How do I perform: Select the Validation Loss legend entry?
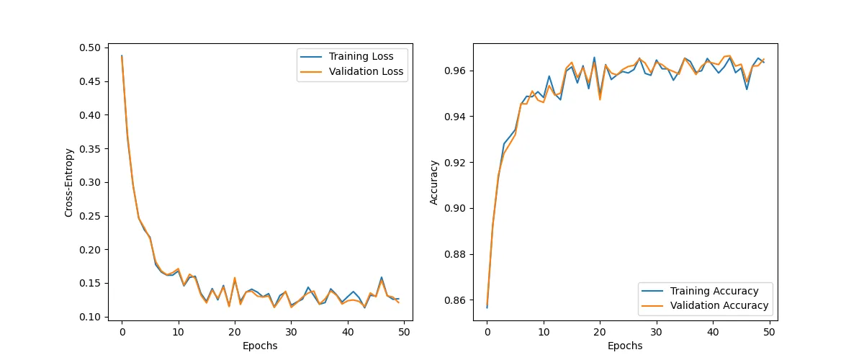click(x=366, y=72)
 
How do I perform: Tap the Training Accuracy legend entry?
click(x=714, y=291)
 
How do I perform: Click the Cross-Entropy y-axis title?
click(x=69, y=182)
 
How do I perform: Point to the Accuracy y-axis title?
click(x=434, y=182)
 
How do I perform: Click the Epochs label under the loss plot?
click(x=259, y=346)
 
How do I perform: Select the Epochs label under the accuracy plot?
click(x=625, y=346)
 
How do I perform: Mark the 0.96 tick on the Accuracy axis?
click(x=455, y=71)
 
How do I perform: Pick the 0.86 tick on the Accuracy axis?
click(x=455, y=300)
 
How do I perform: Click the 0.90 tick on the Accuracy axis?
click(x=455, y=208)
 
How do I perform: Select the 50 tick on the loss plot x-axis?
click(x=404, y=332)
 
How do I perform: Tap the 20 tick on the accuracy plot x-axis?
click(x=600, y=332)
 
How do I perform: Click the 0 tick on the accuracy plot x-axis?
click(x=487, y=332)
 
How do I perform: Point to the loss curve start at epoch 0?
click(x=122, y=56)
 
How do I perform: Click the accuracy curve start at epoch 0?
click(x=487, y=307)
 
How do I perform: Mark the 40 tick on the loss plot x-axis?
click(x=347, y=332)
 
